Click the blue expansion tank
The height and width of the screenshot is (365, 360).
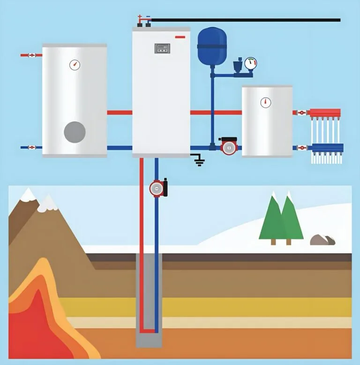click(212, 46)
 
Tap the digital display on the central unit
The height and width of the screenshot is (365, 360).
click(162, 48)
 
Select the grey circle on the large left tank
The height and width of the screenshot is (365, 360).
click(75, 131)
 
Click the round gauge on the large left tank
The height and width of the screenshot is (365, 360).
click(75, 65)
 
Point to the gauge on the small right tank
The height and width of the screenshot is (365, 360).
click(266, 102)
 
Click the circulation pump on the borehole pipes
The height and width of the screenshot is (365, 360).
click(158, 188)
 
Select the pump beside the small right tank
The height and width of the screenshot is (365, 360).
click(229, 146)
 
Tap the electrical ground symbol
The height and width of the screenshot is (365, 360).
click(199, 161)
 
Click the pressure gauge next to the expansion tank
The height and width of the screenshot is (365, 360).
click(251, 63)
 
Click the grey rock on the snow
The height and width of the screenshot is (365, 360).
click(322, 240)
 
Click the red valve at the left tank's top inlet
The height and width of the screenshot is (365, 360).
click(31, 55)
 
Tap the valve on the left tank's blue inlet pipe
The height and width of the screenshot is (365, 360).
click(31, 147)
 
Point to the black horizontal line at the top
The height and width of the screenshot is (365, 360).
click(244, 20)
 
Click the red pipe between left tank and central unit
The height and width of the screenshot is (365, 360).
click(120, 113)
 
